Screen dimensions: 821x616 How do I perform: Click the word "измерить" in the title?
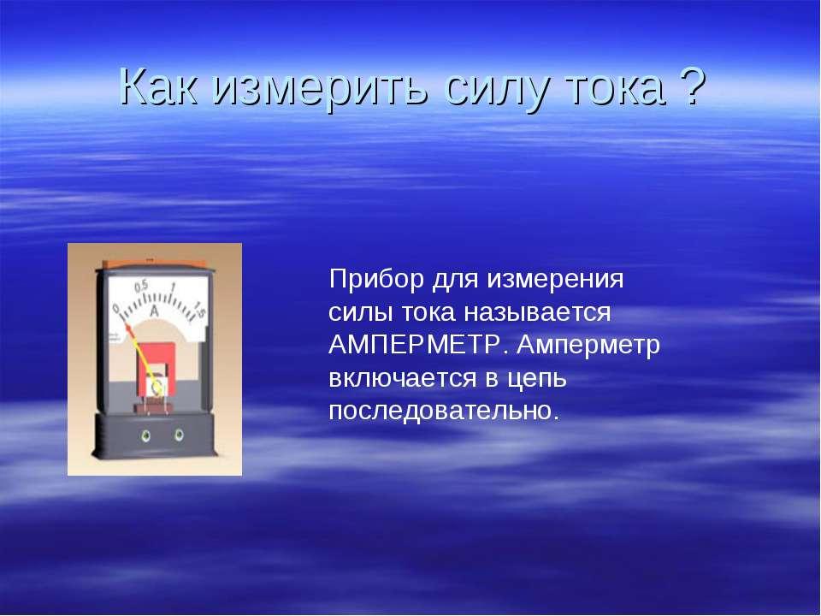(322, 87)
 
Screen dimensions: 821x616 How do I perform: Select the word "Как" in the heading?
(159, 86)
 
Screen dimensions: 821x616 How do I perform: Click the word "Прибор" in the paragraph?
(376, 280)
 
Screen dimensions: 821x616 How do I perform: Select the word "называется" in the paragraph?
(537, 313)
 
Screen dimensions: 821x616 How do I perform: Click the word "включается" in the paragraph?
(403, 379)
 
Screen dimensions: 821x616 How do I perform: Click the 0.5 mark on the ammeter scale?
(141, 287)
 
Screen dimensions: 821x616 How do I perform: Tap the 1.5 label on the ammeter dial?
(199, 310)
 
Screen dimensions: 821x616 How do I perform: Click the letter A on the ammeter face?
(155, 311)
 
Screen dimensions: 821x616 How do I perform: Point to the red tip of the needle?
(127, 328)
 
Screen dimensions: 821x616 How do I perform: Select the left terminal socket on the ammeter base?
(145, 435)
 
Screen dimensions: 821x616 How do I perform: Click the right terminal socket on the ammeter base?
(179, 435)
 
